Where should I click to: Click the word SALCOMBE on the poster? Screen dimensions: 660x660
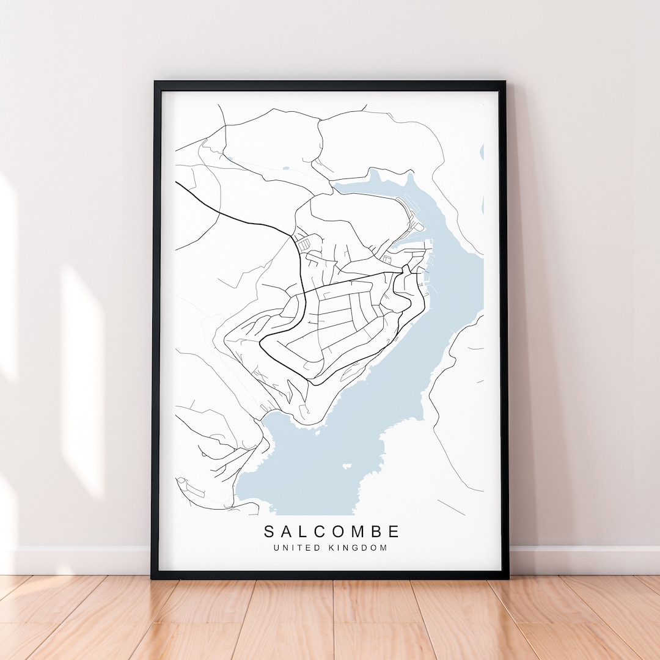click(332, 531)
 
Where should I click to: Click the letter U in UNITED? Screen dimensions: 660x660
click(276, 548)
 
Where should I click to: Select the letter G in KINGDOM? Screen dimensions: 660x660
click(357, 548)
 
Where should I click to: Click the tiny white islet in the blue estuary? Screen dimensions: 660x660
click(347, 466)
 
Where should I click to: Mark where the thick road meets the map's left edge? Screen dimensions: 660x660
click(177, 182)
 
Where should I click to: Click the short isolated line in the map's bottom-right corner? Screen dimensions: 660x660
click(451, 507)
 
